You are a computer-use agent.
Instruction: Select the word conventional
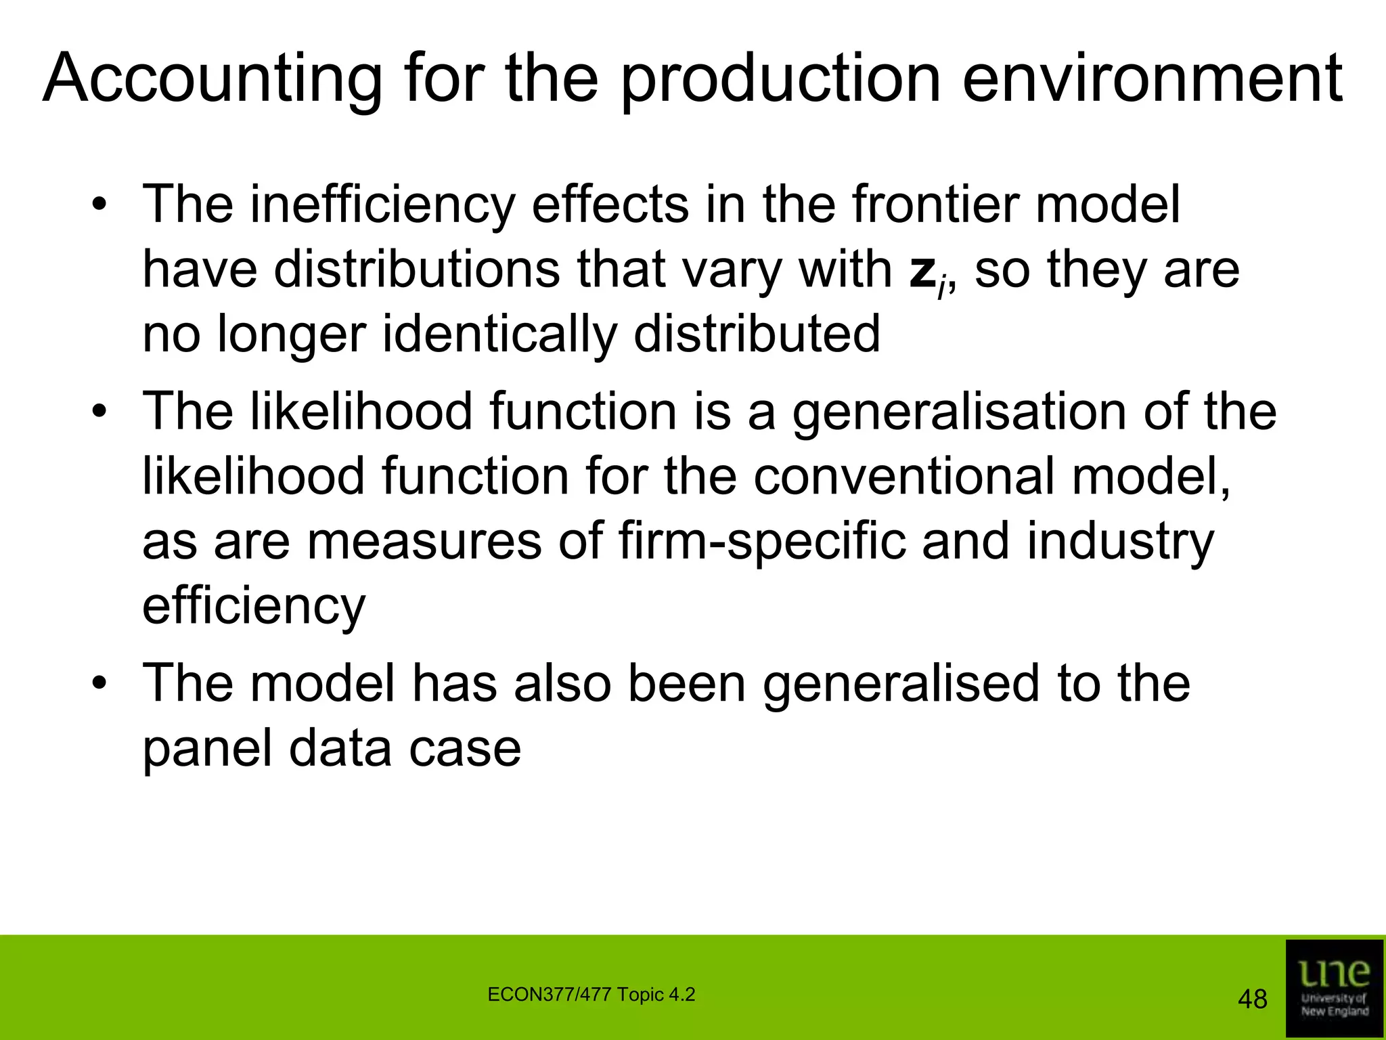click(903, 477)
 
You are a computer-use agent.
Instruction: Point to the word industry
click(1120, 543)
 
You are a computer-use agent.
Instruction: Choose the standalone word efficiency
click(254, 607)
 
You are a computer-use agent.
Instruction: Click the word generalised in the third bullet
click(901, 684)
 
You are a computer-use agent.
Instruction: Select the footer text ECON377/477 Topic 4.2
click(591, 995)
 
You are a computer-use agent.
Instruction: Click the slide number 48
click(1252, 999)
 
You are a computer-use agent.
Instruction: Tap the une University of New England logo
click(1334, 988)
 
